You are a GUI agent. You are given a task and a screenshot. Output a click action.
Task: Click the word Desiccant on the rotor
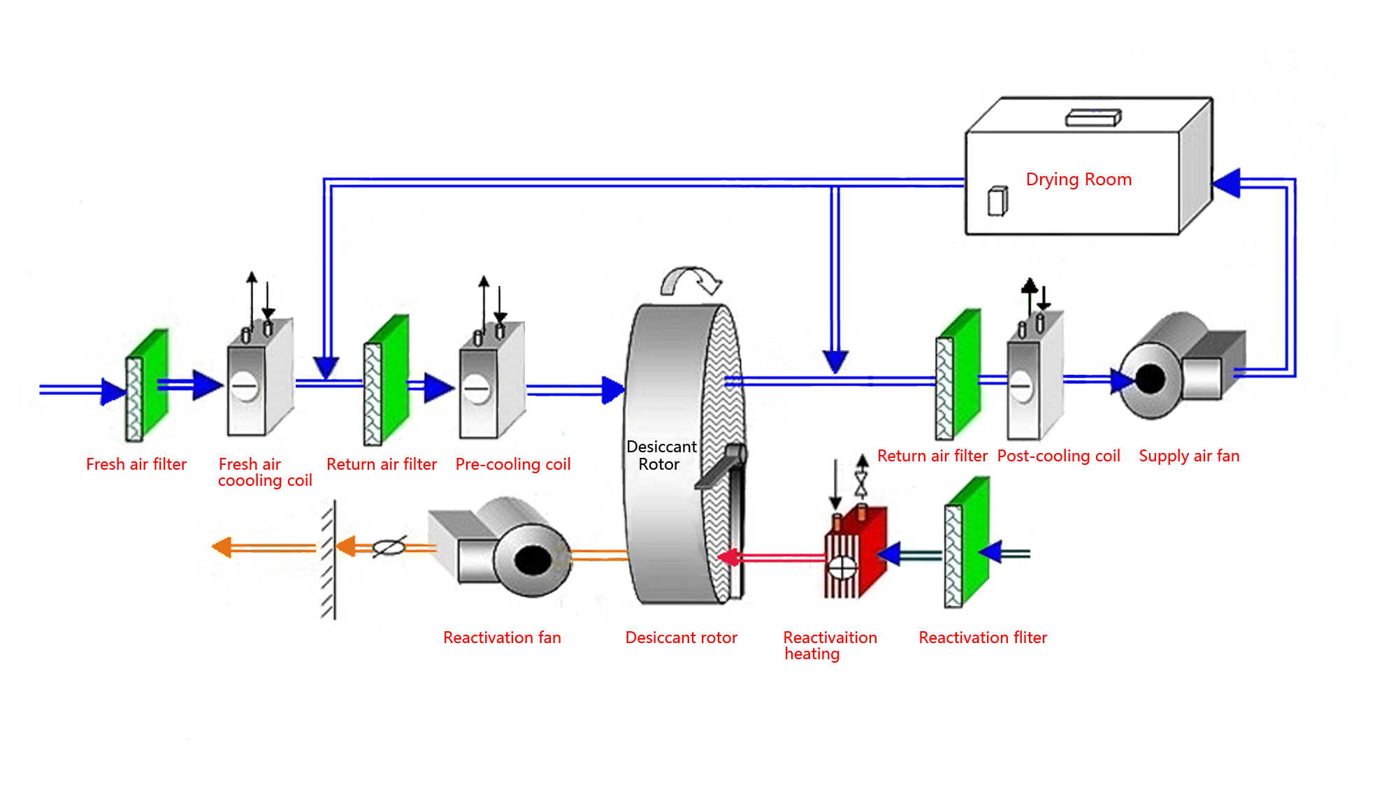[661, 447]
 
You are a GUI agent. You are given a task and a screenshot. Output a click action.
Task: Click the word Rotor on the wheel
[658, 465]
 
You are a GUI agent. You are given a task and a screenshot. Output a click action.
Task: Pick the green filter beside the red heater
[967, 542]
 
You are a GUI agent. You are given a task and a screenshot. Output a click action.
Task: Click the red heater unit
[857, 556]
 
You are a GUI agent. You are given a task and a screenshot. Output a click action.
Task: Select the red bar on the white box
[1079, 180]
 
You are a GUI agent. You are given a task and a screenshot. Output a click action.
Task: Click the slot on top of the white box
[1093, 118]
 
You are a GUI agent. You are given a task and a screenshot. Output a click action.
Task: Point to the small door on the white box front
[997, 201]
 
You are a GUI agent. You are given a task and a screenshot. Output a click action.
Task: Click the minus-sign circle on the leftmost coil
[245, 385]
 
